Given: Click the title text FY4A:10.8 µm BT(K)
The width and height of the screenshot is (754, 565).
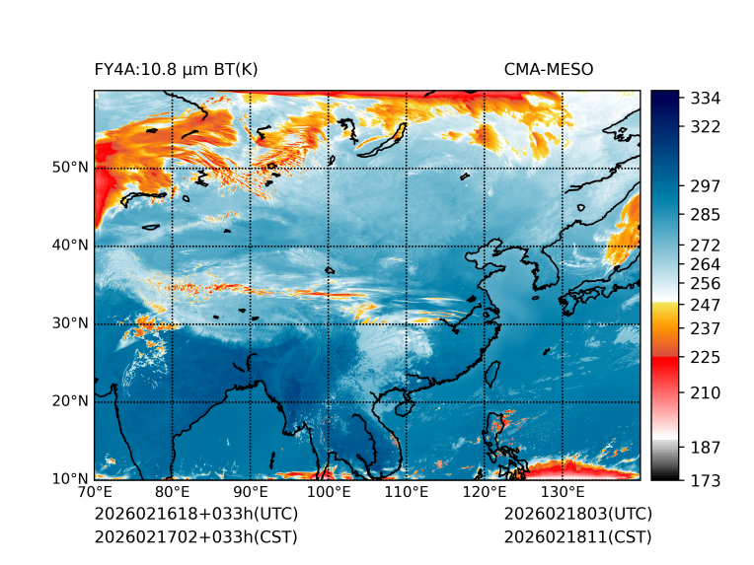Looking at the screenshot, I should click(x=176, y=69).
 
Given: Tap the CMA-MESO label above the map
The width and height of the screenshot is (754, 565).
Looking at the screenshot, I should click(x=549, y=69).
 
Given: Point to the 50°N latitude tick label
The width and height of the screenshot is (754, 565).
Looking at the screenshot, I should click(x=69, y=168).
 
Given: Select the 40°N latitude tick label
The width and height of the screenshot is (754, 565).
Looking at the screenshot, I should click(x=69, y=246).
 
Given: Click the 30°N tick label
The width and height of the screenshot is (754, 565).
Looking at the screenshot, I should click(x=69, y=323).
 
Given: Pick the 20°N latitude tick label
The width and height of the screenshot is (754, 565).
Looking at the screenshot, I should click(x=69, y=401).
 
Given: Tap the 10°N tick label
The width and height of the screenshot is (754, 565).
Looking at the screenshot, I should click(x=69, y=479).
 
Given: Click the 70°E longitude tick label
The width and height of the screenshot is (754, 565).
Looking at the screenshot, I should click(x=95, y=492).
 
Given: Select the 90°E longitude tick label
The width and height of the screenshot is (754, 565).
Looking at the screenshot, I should click(x=251, y=492).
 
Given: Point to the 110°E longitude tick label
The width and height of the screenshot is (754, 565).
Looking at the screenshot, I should click(x=407, y=492).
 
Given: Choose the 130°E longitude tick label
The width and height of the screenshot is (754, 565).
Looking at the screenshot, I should click(x=563, y=492).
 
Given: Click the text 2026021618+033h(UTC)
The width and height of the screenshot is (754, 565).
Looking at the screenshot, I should click(x=195, y=514).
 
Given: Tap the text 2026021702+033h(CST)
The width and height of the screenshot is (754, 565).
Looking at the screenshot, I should click(x=195, y=537).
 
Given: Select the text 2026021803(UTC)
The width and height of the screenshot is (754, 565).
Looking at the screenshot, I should click(x=577, y=514).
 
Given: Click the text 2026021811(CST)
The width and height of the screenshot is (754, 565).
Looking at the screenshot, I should click(x=577, y=537).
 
